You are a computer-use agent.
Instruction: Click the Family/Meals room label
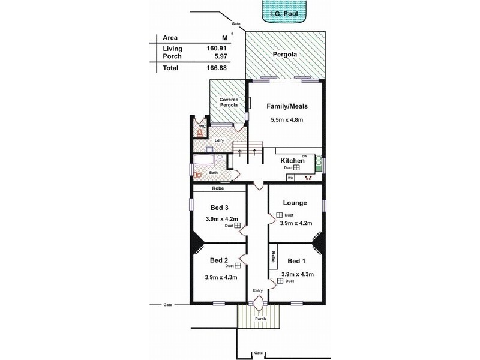click(287, 106)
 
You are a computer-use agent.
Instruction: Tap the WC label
click(202, 127)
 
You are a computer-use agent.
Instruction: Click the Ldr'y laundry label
click(219, 141)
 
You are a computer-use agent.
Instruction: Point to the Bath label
click(213, 173)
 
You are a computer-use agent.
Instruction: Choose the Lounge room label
click(295, 203)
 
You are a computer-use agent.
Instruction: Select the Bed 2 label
click(218, 260)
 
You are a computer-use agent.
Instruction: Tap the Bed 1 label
click(296, 261)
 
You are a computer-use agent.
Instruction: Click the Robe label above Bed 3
click(218, 188)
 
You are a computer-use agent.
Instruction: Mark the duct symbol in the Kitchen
click(296, 168)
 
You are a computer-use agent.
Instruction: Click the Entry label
click(258, 290)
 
